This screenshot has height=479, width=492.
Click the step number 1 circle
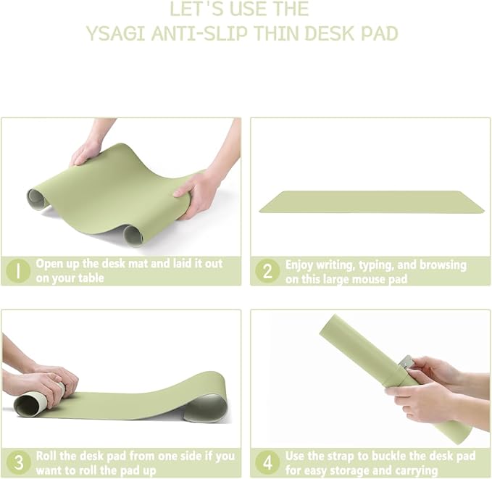(17, 271)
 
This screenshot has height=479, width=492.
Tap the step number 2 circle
(267, 271)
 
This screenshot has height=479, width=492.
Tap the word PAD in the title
(380, 33)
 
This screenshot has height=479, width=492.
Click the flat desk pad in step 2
(371, 201)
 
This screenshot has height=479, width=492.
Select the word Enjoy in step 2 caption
(300, 265)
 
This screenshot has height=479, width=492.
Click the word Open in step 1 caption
(49, 264)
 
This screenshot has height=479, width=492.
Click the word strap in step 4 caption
(340, 457)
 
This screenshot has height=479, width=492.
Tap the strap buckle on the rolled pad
(407, 362)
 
